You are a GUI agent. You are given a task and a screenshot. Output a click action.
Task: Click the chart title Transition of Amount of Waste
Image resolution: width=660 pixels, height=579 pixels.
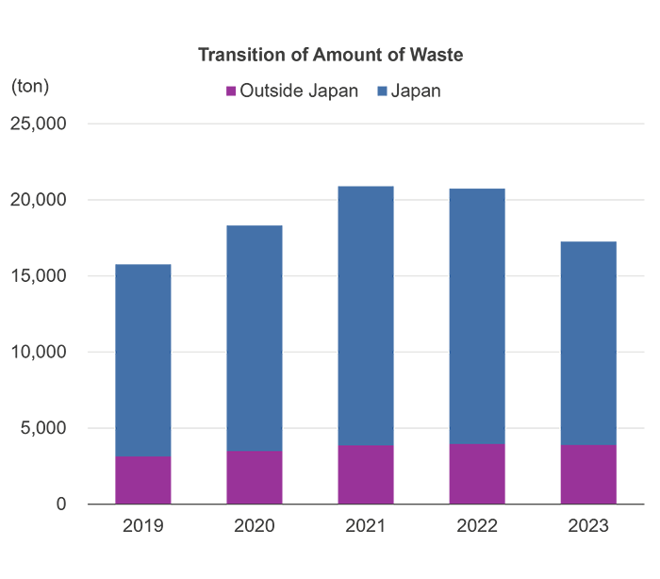pyautogui.click(x=330, y=55)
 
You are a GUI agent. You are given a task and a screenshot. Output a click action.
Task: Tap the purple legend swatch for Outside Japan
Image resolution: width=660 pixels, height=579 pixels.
pyautogui.click(x=230, y=91)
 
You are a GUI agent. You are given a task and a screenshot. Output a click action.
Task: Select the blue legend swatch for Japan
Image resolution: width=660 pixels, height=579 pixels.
pyautogui.click(x=382, y=91)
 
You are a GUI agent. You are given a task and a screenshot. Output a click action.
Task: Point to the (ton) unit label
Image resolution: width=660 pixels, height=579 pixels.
pyautogui.click(x=30, y=86)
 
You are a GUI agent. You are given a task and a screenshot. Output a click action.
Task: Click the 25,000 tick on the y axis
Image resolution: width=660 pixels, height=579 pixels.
pyautogui.click(x=39, y=124)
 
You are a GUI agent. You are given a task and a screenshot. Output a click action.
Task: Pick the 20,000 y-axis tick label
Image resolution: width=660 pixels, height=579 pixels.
pyautogui.click(x=39, y=200)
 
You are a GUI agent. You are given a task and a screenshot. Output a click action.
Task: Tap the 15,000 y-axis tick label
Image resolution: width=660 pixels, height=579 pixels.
pyautogui.click(x=39, y=276)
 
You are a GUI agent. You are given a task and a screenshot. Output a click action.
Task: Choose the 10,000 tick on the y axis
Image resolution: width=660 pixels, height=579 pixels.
pyautogui.click(x=39, y=352)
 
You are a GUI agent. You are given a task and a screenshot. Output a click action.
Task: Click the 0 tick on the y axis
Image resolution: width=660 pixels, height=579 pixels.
pyautogui.click(x=61, y=505)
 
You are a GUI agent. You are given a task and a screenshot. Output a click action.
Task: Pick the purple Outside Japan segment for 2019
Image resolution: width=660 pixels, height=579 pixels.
pyautogui.click(x=143, y=480)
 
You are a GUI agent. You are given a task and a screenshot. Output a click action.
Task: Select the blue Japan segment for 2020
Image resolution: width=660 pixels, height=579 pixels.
pyautogui.click(x=255, y=339)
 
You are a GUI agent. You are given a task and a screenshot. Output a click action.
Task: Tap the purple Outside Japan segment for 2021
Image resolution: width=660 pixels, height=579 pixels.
pyautogui.click(x=366, y=474)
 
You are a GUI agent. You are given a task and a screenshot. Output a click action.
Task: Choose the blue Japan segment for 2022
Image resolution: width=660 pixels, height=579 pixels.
pyautogui.click(x=477, y=317)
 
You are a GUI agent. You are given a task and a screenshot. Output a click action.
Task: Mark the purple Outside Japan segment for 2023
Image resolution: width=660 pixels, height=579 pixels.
pyautogui.click(x=588, y=474)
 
